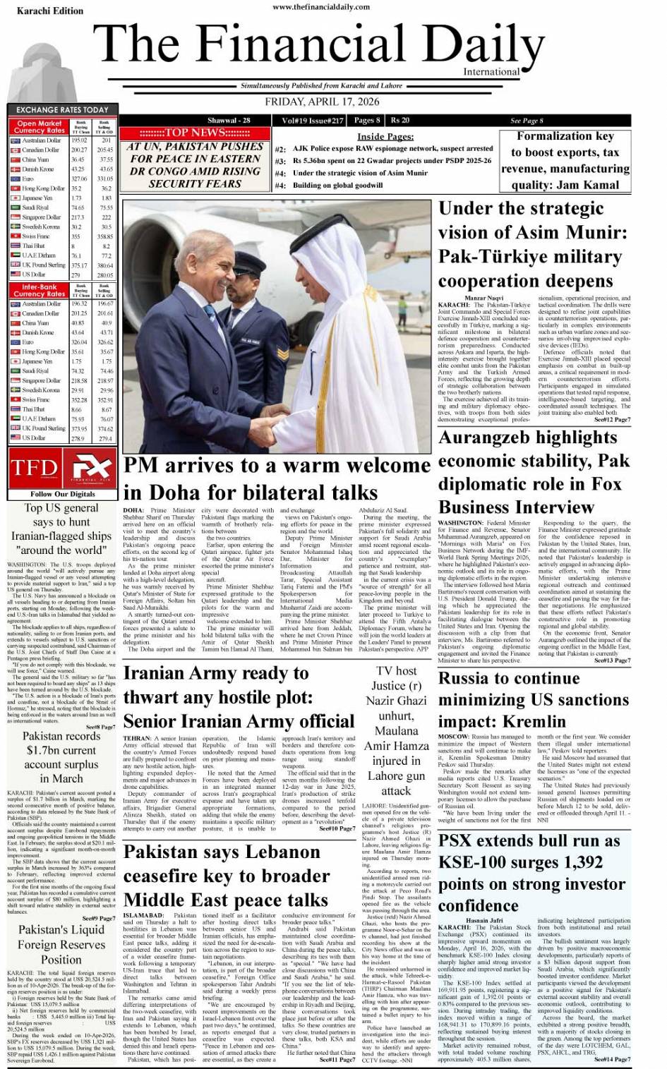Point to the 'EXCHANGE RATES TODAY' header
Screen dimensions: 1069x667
(62, 110)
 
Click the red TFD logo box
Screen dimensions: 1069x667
(35, 469)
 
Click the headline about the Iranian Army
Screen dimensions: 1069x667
(239, 697)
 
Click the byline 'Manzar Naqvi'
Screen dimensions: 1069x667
(484, 298)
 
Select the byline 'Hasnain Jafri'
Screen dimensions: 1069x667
(484, 920)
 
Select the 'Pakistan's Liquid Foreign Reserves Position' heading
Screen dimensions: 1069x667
(61, 944)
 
